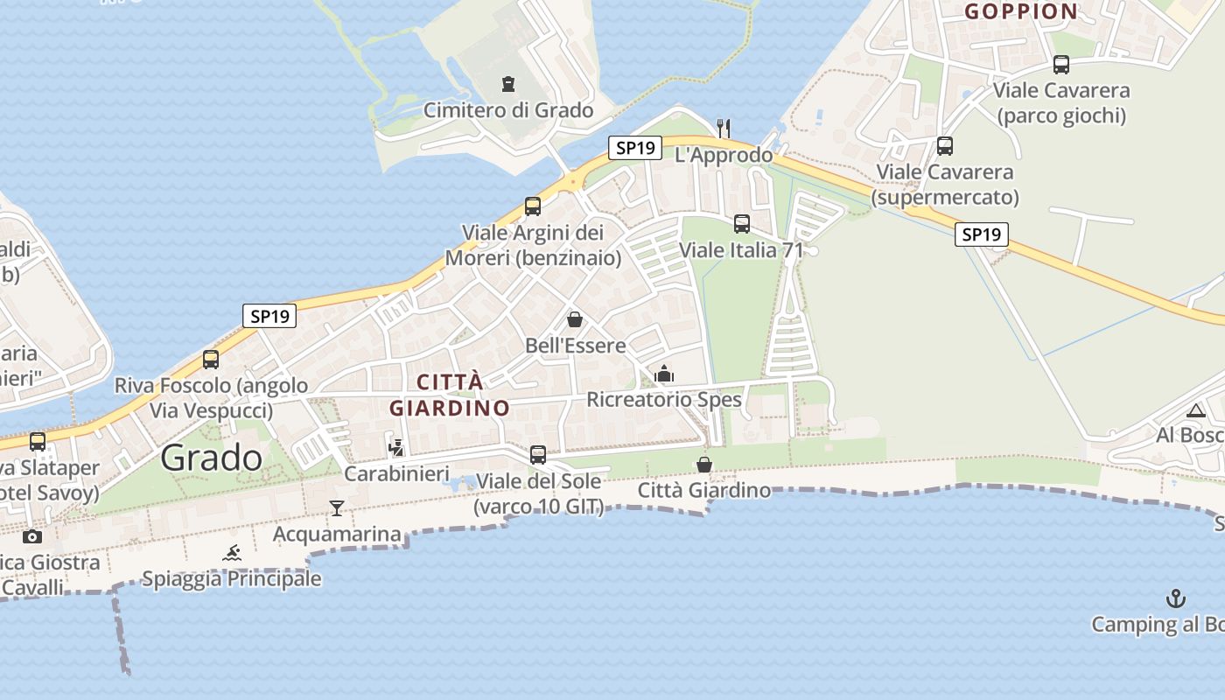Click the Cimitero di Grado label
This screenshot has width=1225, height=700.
508,110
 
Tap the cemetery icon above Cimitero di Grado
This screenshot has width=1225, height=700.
508,84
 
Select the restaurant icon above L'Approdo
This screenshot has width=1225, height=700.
724,128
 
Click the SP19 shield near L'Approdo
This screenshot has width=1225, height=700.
635,148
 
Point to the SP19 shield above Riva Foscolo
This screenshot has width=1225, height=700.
269,316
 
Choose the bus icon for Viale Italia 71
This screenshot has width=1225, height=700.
742,224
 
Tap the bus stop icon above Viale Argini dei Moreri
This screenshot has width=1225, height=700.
533,206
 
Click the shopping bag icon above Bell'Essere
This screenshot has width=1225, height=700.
575,319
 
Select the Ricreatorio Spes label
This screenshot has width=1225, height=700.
664,400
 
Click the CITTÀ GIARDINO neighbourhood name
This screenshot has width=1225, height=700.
450,395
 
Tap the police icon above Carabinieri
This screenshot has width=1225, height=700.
396,448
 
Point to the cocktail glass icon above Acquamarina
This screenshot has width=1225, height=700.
337,508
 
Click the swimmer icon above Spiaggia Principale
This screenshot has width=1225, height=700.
232,553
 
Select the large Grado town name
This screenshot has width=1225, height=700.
212,458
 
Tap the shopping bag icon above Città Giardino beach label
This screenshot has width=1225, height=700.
704,465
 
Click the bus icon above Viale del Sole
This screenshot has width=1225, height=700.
538,455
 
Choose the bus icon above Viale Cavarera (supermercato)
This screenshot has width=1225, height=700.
945,146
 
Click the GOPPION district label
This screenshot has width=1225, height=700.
1020,11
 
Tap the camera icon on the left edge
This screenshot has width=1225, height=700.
32,536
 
